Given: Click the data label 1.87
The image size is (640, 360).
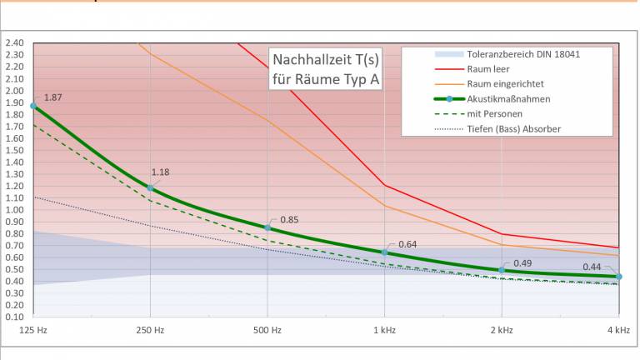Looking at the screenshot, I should (52, 97).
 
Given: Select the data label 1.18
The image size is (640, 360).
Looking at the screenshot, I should (160, 172).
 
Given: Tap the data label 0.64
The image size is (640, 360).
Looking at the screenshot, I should (407, 244).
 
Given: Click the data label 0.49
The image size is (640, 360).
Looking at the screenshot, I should (522, 263).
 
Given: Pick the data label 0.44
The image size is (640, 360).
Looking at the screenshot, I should (591, 267).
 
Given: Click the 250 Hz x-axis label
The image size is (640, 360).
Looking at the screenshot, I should (150, 331).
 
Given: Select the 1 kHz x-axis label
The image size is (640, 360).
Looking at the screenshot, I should (384, 331).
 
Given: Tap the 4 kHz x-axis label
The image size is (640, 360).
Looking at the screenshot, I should (618, 331).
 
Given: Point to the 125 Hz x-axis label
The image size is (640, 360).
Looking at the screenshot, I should (32, 331).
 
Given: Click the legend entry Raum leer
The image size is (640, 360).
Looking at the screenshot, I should (489, 69).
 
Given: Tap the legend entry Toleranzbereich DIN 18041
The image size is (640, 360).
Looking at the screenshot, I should (523, 54).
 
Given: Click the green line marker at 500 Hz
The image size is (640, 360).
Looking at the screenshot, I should (267, 227).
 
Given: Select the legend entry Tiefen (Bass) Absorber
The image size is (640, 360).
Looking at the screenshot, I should (513, 129).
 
